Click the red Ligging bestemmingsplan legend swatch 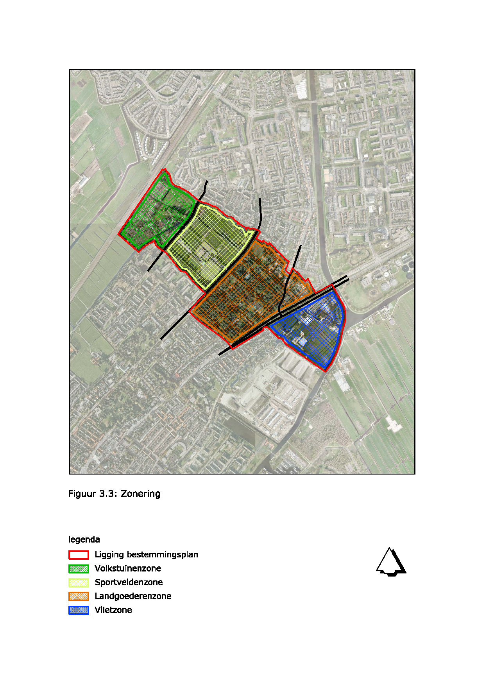[79, 555]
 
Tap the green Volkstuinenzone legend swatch [79, 569]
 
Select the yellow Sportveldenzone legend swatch [79, 582]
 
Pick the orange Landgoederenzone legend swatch [79, 596]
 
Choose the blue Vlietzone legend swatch [79, 610]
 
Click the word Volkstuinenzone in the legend [128, 568]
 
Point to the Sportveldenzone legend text [129, 582]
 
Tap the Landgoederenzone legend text [133, 596]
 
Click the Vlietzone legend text [113, 610]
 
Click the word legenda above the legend [84, 540]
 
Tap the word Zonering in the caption [140, 494]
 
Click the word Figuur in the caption [82, 494]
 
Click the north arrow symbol [391, 562]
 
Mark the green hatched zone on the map [156, 213]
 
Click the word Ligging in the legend [109, 555]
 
